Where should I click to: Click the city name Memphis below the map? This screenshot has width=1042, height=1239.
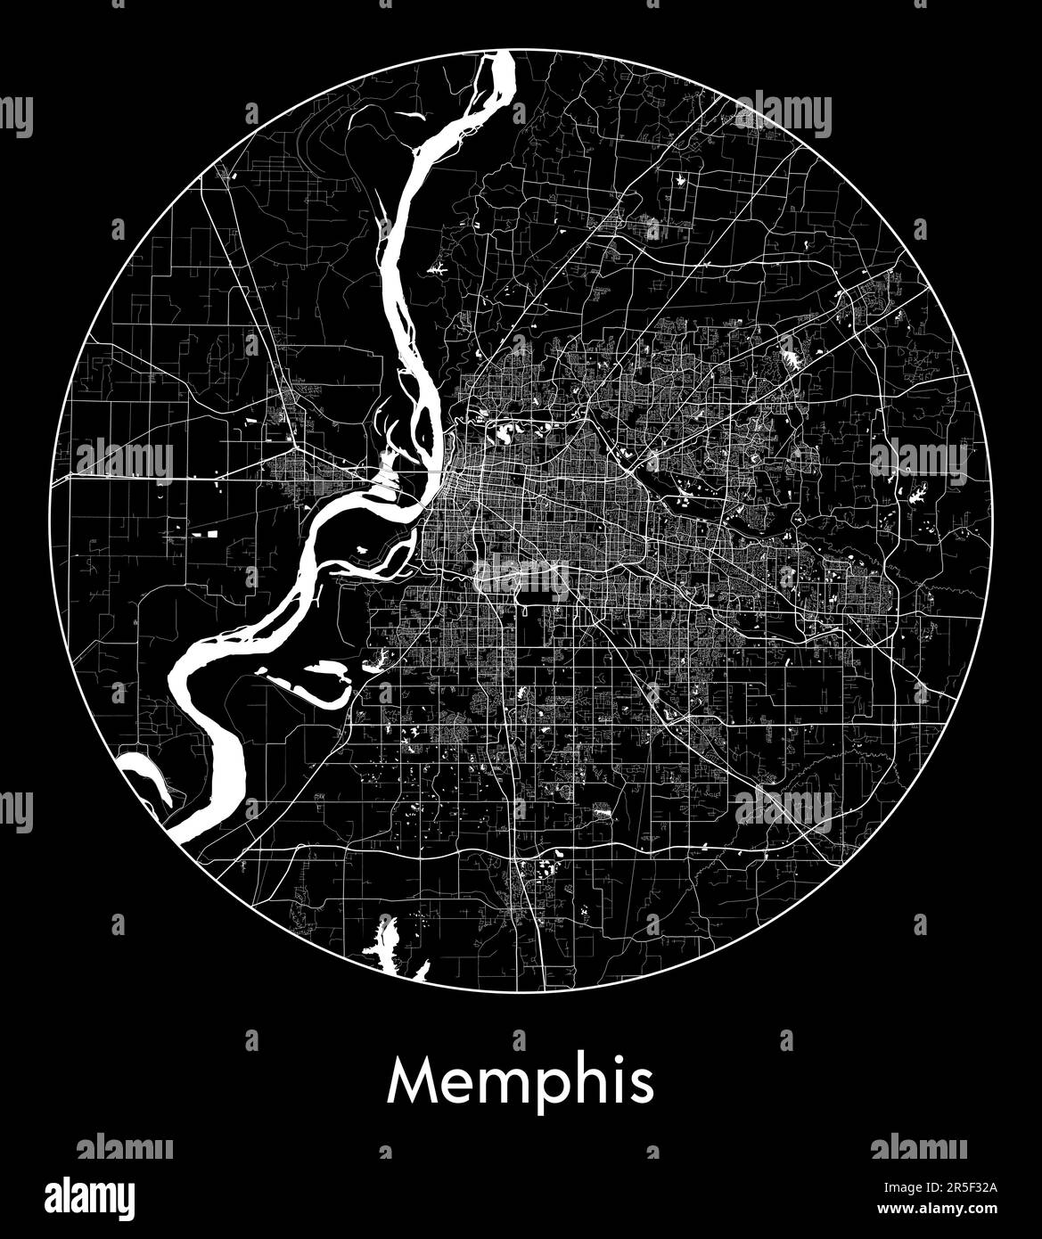tap(521, 1082)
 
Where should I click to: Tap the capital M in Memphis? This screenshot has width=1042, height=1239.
tap(411, 1080)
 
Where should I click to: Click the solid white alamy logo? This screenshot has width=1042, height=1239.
tap(90, 1196)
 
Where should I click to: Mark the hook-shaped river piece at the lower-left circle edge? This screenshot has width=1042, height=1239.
tap(147, 771)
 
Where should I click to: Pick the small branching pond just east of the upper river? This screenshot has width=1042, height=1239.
tap(438, 267)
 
